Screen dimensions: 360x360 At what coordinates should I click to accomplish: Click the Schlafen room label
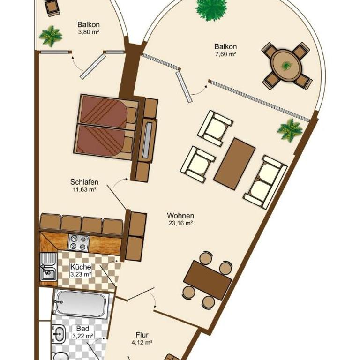coord(84,182)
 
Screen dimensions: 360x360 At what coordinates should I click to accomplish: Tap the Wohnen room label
coord(180,216)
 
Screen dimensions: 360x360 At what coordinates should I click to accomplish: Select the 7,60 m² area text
coord(226,54)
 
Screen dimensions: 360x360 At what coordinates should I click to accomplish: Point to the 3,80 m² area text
coord(89,32)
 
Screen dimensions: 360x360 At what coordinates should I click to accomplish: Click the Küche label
coord(81,267)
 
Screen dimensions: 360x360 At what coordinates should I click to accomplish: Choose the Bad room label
coord(82,328)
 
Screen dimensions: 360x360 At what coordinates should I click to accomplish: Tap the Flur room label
coord(142,335)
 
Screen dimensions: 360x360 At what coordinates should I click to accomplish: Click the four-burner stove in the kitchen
coord(79,243)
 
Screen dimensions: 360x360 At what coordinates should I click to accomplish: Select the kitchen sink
coord(48,267)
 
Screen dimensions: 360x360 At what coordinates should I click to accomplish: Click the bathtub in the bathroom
coord(81,304)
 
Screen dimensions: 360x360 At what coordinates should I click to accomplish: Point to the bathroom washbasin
coord(59,334)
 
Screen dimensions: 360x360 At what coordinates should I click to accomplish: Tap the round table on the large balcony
coord(286,66)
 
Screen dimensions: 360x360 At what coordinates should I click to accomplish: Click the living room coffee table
coord(235,164)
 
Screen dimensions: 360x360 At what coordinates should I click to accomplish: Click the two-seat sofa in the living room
coord(265,181)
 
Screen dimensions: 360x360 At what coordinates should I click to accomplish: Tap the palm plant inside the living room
coord(290,130)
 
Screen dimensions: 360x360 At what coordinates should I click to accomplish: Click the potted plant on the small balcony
coord(51,36)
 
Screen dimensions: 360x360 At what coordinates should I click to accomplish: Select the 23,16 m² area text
coord(180,223)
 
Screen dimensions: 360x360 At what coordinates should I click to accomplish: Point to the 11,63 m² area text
coord(84,190)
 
